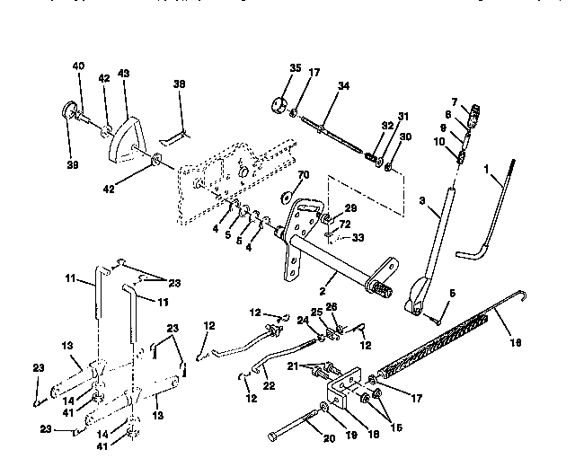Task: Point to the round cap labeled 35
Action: pyautogui.click(x=278, y=101)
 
